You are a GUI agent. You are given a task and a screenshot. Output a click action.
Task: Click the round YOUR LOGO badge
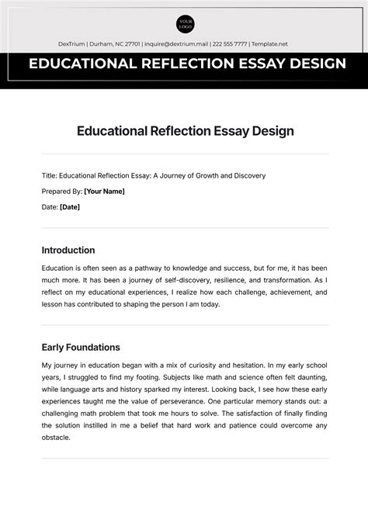(184, 24)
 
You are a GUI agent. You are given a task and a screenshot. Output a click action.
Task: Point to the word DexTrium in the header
(74, 44)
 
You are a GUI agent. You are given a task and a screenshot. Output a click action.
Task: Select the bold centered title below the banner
(184, 130)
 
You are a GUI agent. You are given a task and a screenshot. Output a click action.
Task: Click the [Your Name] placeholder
(104, 191)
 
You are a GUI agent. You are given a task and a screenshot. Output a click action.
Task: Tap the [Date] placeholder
(70, 207)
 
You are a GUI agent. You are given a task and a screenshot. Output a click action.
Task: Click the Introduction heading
(68, 251)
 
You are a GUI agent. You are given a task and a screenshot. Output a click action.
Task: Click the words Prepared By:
(61, 191)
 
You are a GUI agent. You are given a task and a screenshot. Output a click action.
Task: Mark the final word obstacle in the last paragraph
(57, 437)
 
